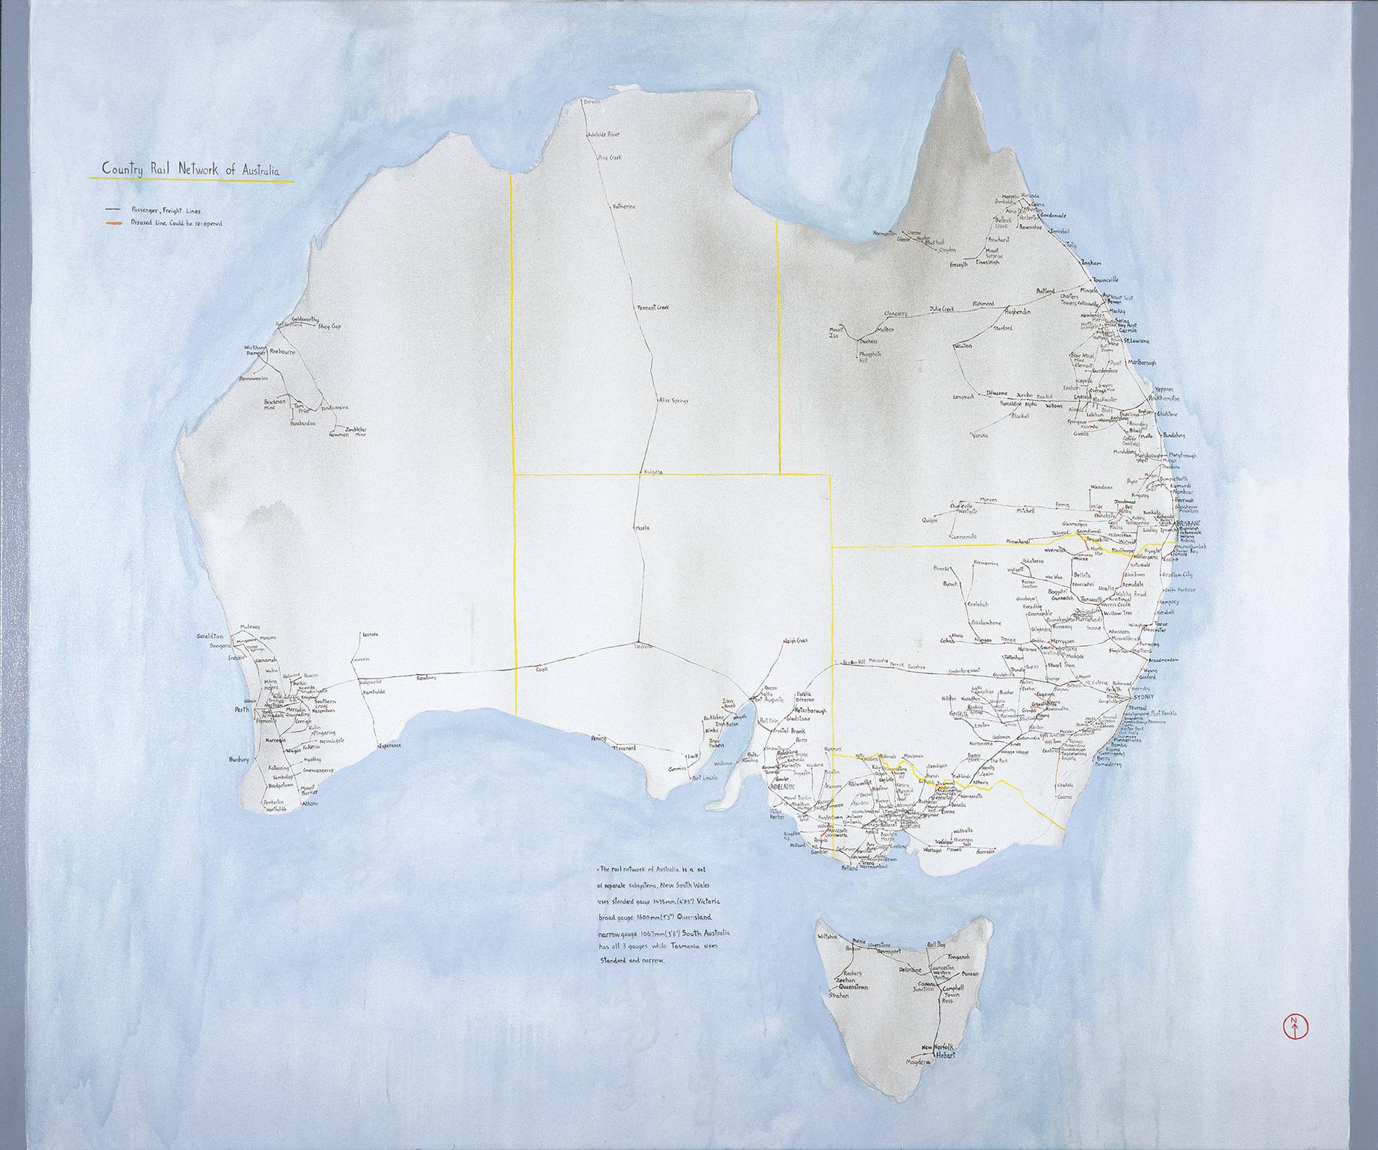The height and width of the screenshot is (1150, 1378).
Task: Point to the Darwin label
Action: pyautogui.click(x=593, y=103)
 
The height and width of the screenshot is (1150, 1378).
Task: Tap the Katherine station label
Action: pyautogui.click(x=624, y=207)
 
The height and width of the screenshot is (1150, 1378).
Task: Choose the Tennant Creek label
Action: pyautogui.click(x=653, y=308)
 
